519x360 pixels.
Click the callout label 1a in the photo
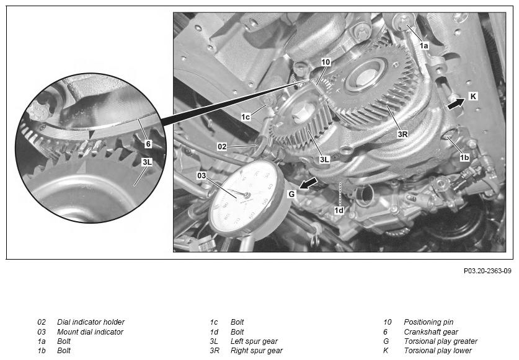point(424,46)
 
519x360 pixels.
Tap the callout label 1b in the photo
point(464,157)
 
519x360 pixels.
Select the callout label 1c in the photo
point(246,117)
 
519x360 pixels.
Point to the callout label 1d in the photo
point(339,210)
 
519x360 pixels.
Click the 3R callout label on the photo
point(402,134)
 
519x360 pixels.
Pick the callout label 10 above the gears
point(326,62)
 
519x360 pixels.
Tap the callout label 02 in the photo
point(222,147)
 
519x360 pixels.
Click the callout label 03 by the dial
point(202,175)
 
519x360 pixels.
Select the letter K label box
point(473,96)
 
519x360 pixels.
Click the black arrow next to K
point(456,103)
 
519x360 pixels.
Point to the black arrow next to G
point(308,183)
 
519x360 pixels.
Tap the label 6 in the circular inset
point(148,144)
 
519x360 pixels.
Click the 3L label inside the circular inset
point(147,162)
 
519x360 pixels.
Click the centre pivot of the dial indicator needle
point(246,195)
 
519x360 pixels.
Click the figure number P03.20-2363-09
point(487,271)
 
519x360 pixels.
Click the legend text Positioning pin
point(428,322)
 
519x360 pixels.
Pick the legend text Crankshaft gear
point(431,332)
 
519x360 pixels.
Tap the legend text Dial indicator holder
point(91,322)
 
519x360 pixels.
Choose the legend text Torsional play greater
point(440,341)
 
